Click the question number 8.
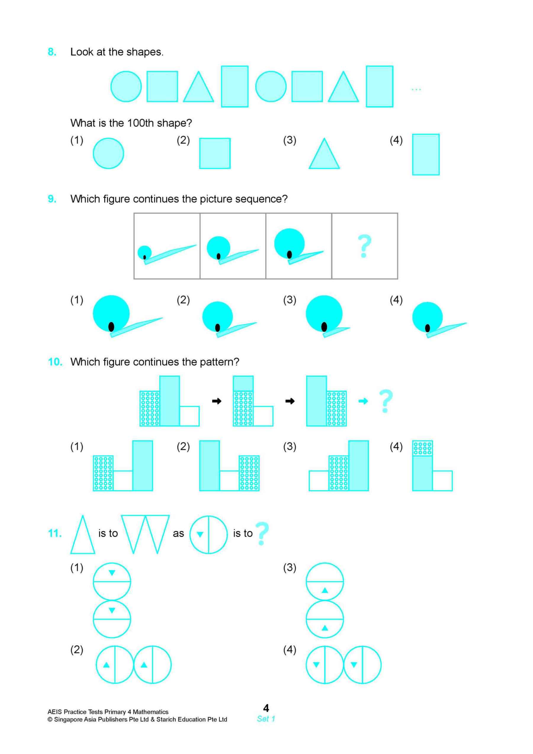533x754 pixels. [52, 52]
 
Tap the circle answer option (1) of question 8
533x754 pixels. [108, 153]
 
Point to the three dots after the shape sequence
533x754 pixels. [416, 89]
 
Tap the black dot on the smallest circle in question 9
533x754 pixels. [145, 257]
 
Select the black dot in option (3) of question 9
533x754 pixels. [324, 326]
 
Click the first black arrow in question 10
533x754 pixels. [217, 401]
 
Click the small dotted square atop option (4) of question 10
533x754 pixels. [422, 448]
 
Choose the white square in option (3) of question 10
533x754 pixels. [319, 480]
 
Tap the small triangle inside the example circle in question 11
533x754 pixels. [200, 535]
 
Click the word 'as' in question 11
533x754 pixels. [178, 534]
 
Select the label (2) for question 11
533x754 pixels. [77, 649]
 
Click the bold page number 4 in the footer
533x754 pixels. [266, 708]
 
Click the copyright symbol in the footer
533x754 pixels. [50, 720]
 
